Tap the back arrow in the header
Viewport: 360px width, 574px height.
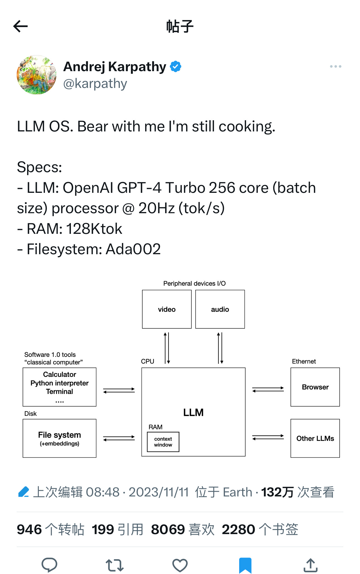pos(20,27)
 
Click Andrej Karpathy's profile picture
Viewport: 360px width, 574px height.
pos(37,75)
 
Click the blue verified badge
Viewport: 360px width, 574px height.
pos(176,67)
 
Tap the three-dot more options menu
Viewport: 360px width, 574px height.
pos(335,67)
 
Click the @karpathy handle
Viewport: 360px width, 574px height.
pos(95,84)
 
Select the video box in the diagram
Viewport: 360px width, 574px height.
pos(167,309)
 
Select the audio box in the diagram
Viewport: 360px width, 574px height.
pos(220,309)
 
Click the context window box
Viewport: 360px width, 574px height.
pos(163,442)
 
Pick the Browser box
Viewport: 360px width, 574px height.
pos(315,387)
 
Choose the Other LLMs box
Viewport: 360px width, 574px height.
pos(315,438)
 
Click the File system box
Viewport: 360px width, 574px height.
pos(59,438)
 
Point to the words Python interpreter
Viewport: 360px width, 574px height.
pos(59,383)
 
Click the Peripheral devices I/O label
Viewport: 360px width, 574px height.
pos(194,284)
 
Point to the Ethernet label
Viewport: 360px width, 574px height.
pos(304,361)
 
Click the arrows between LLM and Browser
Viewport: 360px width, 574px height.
pos(268,390)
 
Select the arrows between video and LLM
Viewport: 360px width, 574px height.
pos(167,348)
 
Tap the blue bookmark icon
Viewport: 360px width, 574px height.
pos(245,565)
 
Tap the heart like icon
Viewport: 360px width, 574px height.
pos(180,565)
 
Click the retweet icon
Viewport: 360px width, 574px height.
pos(115,565)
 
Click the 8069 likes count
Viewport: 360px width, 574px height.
pos(168,529)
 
